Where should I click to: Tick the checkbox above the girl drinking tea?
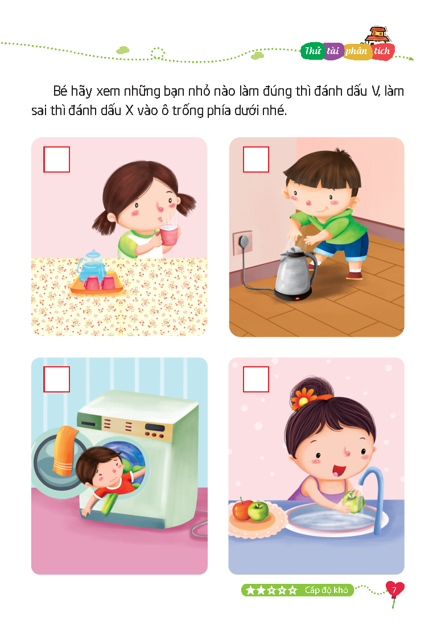coord(57,159)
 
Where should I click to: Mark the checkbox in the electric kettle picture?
coord(256,159)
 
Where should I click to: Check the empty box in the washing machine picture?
coord(57,379)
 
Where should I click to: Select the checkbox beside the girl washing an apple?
coord(256,379)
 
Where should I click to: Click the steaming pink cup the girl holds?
coord(170,235)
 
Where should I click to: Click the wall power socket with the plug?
coord(242,242)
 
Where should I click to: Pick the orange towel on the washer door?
coord(64,450)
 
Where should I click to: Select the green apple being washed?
coord(353,501)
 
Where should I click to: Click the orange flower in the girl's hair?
coord(303,398)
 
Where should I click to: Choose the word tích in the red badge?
coord(382,51)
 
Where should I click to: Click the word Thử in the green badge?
coord(312,51)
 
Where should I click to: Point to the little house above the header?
coord(378,35)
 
